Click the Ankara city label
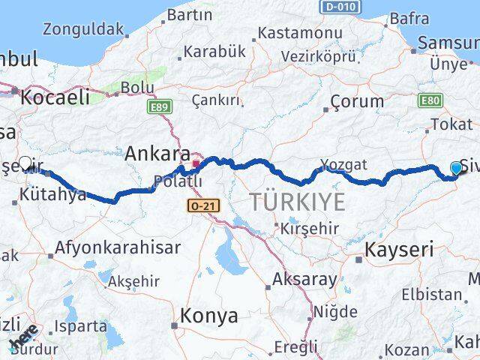point(157,153)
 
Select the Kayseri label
point(398,250)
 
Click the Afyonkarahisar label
point(118,247)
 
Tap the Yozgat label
point(343,163)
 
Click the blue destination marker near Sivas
point(457,169)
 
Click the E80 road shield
point(431,100)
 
